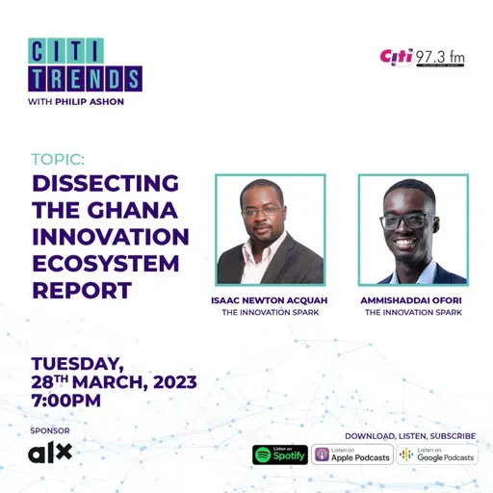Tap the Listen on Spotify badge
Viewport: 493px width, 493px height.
280,454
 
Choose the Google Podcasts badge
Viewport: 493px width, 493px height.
437,454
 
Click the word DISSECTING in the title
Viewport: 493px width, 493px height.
106,184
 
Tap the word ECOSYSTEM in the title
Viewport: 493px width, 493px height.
107,263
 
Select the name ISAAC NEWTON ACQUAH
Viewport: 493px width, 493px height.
269,299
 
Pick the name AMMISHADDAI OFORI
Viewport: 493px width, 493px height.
413,299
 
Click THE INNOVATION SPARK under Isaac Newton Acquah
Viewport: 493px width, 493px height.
269,312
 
